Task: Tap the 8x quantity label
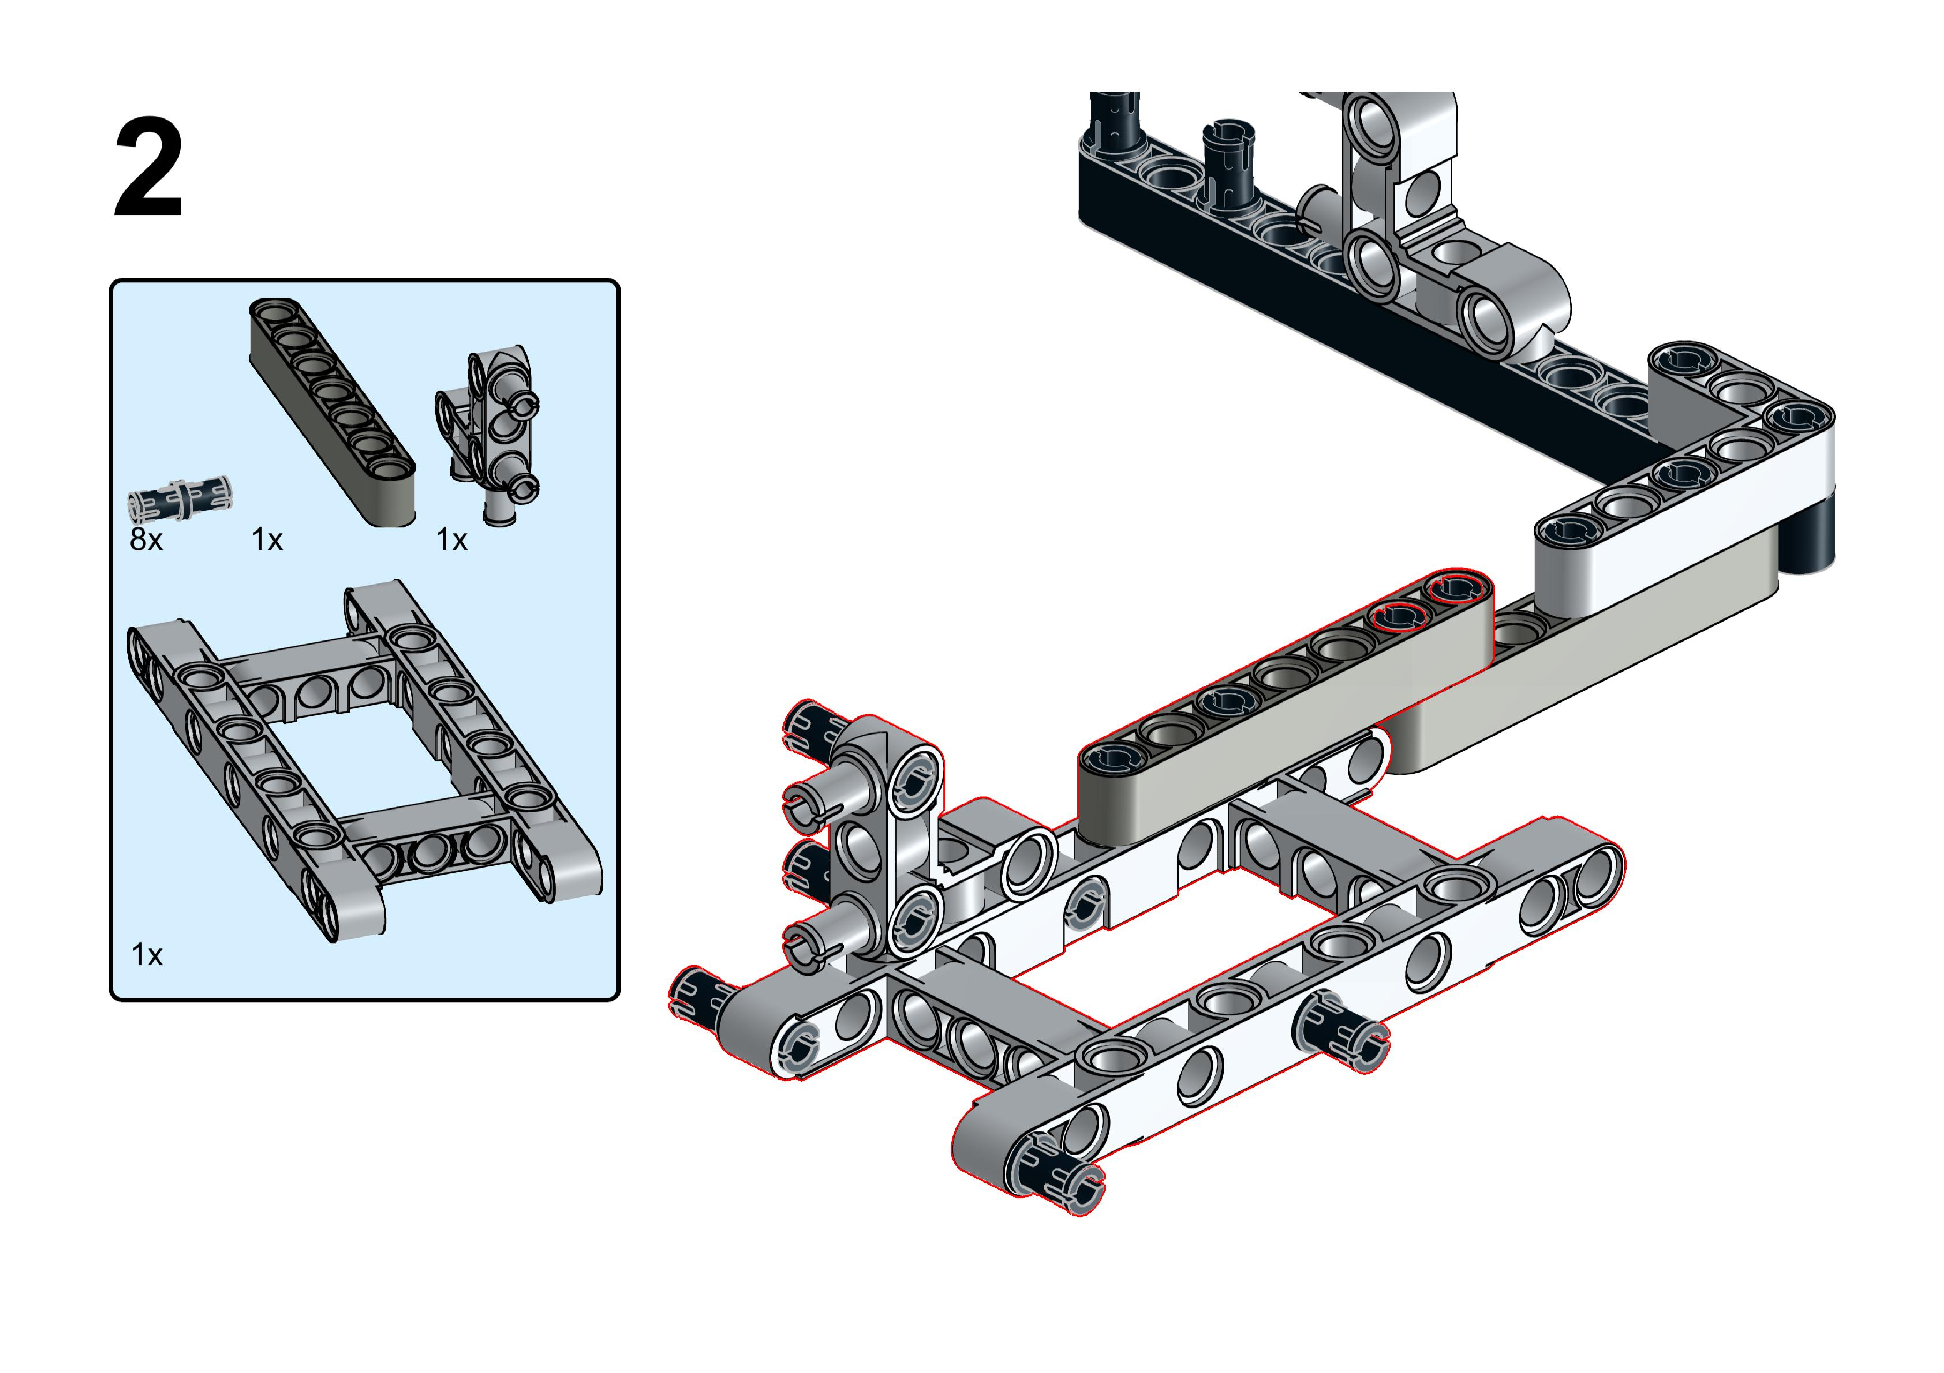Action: (x=145, y=539)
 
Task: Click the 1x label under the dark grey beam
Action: (x=267, y=539)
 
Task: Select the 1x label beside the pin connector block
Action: (x=451, y=539)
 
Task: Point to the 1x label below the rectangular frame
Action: (x=147, y=955)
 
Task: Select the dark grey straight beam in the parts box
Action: (x=332, y=412)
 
